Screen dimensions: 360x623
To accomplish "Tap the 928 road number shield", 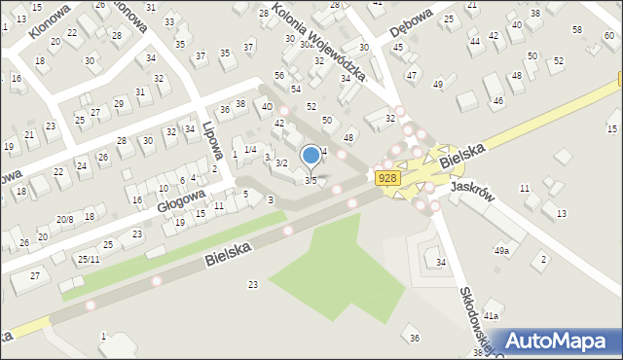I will coord(387,177).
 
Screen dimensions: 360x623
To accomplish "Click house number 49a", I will coord(501,251).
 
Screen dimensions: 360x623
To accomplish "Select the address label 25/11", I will coord(88,259).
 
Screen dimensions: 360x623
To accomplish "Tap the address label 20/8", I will coord(65,220).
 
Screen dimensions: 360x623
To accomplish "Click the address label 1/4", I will coord(250,149).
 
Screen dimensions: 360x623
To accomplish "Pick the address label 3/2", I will coord(280,162).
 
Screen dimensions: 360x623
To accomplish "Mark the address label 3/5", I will coord(311,180).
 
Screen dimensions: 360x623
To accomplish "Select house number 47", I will coord(412,75).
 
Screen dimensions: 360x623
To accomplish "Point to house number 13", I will coord(561,212).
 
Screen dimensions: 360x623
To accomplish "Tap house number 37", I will coord(248,46).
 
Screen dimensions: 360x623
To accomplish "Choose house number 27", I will coord(35,276).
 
